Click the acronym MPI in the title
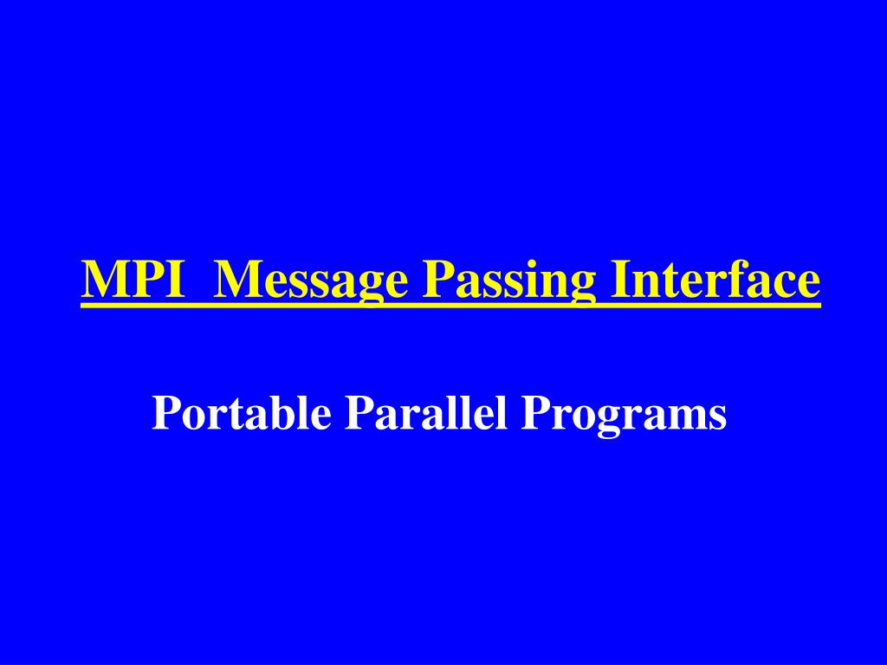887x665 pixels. coord(134,281)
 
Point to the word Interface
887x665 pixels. coord(715,281)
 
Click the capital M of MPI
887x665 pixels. coord(107,281)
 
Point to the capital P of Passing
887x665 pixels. coord(437,281)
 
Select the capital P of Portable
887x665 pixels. coord(165,414)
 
